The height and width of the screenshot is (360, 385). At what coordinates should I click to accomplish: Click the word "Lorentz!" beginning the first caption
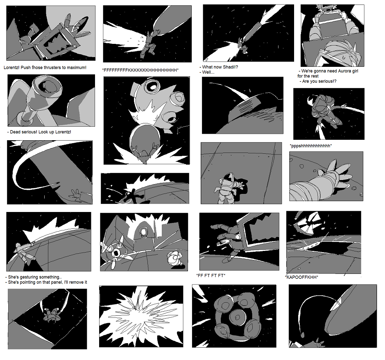[x=11, y=68]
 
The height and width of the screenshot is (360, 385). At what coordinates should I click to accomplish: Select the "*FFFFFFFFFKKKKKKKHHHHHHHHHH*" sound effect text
[x=140, y=70]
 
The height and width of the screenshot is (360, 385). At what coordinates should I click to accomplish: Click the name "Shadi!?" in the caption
[x=230, y=67]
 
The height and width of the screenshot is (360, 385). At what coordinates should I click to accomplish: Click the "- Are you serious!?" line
[x=318, y=81]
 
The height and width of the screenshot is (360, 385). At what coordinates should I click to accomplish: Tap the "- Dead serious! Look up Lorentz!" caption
[x=39, y=132]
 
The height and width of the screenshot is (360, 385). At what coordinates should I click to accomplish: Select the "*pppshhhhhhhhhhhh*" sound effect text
[x=311, y=146]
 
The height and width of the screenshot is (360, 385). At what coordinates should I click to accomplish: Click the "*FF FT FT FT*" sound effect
[x=211, y=276]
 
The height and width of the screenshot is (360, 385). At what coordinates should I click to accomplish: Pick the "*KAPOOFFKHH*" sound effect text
[x=302, y=278]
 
